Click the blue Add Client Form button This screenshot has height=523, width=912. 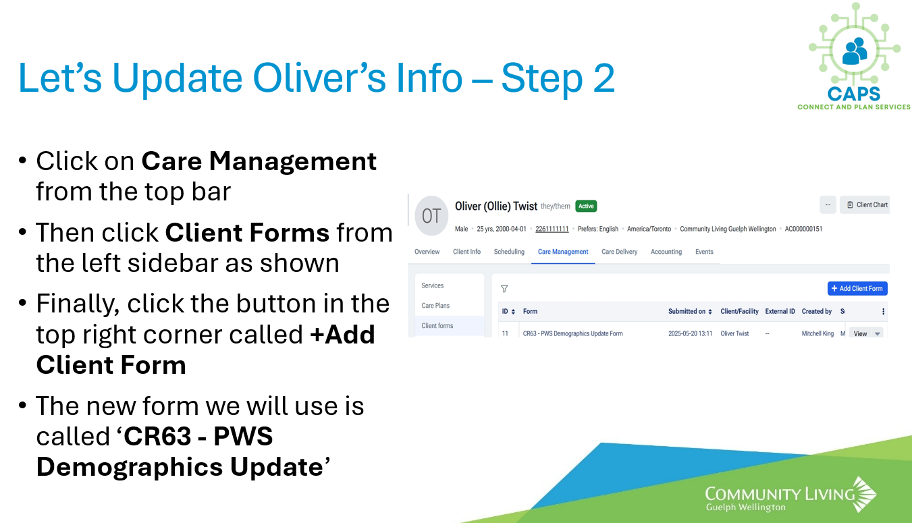click(x=857, y=288)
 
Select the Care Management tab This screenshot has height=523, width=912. click(x=563, y=252)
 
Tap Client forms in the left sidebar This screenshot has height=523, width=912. click(x=437, y=325)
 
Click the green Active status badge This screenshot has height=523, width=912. click(x=586, y=206)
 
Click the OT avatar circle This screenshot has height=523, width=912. click(x=431, y=216)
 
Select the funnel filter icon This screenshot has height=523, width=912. click(x=504, y=289)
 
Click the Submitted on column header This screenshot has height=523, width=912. click(x=690, y=311)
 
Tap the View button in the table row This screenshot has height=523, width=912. click(x=860, y=333)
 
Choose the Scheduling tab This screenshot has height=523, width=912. click(x=509, y=252)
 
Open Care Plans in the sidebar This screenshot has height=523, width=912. click(x=435, y=305)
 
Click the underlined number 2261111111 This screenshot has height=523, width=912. click(x=552, y=229)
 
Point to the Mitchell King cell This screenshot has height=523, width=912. click(x=817, y=333)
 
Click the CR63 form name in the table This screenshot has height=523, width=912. click(x=572, y=333)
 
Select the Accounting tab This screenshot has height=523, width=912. click(x=666, y=252)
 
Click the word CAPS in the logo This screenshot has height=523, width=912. click(x=854, y=94)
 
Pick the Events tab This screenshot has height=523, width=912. click(x=704, y=252)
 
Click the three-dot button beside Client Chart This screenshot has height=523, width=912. click(x=828, y=204)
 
